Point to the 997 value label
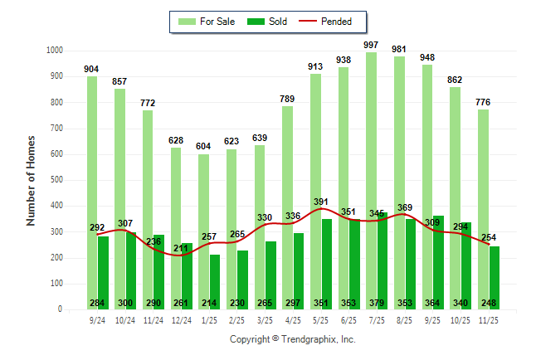pos(372,44)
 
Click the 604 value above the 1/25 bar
pos(204,146)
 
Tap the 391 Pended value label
pos(319,201)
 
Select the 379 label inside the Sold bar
pos(382,303)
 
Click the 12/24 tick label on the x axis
pos(181,319)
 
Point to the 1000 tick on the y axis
pos(54,51)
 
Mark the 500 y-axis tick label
pos(56,180)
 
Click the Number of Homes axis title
pos(32,180)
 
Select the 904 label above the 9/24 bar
pos(92,69)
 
